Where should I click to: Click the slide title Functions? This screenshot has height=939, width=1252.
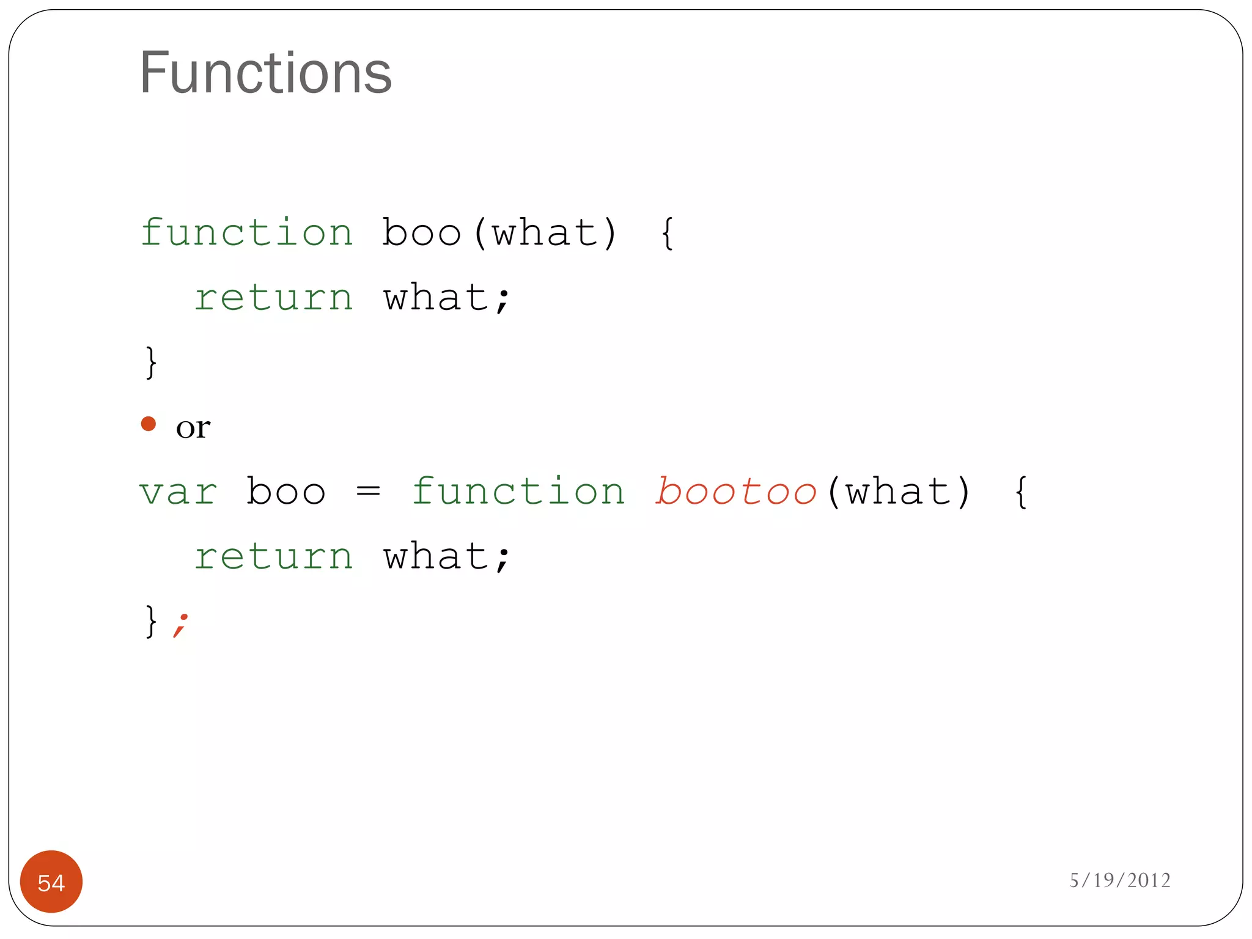point(265,73)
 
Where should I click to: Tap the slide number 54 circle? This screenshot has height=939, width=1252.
point(51,882)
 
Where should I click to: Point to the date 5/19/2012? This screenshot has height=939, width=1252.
point(1119,880)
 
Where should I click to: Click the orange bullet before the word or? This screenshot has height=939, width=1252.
point(149,424)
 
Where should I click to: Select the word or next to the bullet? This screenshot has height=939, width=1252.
point(193,427)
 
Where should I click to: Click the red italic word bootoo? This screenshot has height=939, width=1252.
point(736,492)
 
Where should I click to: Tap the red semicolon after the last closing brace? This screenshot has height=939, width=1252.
point(180,625)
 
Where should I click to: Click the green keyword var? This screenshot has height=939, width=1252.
point(178,492)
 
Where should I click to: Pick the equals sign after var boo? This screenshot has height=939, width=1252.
point(368,491)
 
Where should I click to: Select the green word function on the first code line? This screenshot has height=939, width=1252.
point(247,232)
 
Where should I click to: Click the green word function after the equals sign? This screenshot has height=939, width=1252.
point(518,491)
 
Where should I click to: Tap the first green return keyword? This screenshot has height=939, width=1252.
point(273,298)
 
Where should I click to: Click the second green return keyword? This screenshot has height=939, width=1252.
point(273,557)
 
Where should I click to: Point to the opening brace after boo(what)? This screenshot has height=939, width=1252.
point(668,234)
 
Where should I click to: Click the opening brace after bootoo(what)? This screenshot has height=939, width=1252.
point(1021,492)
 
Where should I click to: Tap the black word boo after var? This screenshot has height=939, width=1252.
point(285,491)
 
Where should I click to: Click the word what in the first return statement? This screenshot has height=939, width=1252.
point(436,298)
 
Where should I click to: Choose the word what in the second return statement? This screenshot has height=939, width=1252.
point(436,556)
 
